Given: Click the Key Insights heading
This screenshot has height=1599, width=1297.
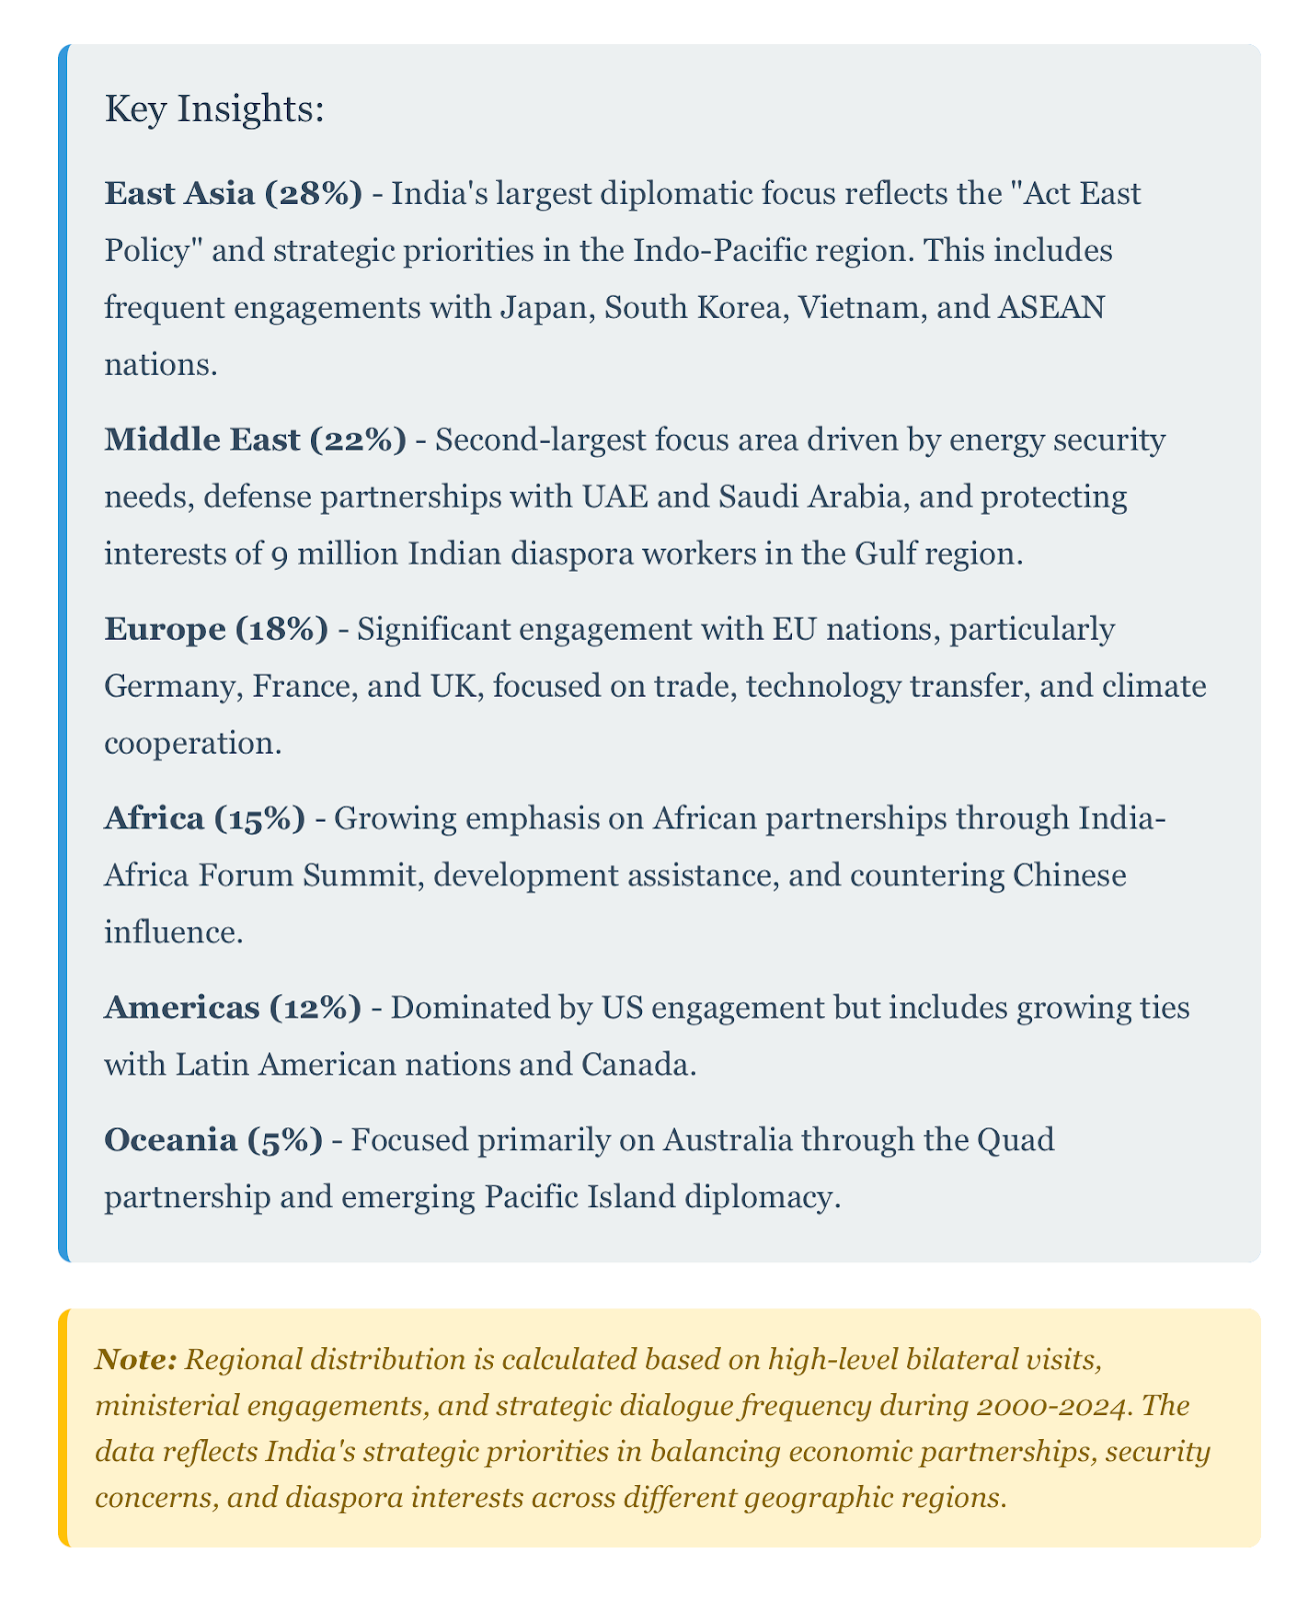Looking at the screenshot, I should (x=214, y=111).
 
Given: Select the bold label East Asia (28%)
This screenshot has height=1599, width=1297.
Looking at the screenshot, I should (x=233, y=193).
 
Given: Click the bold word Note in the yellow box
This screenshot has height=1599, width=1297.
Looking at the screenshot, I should (x=137, y=1359).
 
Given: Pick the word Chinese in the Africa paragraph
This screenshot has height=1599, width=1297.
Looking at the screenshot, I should (x=1069, y=876).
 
